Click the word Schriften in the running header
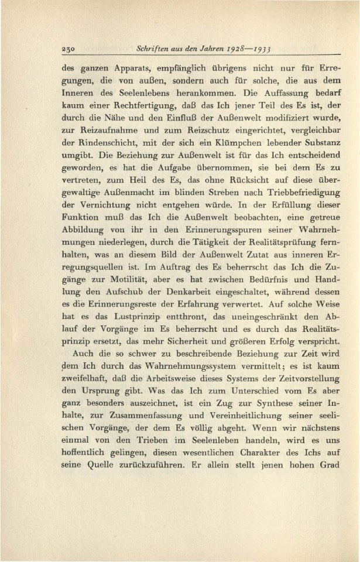(x=153, y=50)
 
